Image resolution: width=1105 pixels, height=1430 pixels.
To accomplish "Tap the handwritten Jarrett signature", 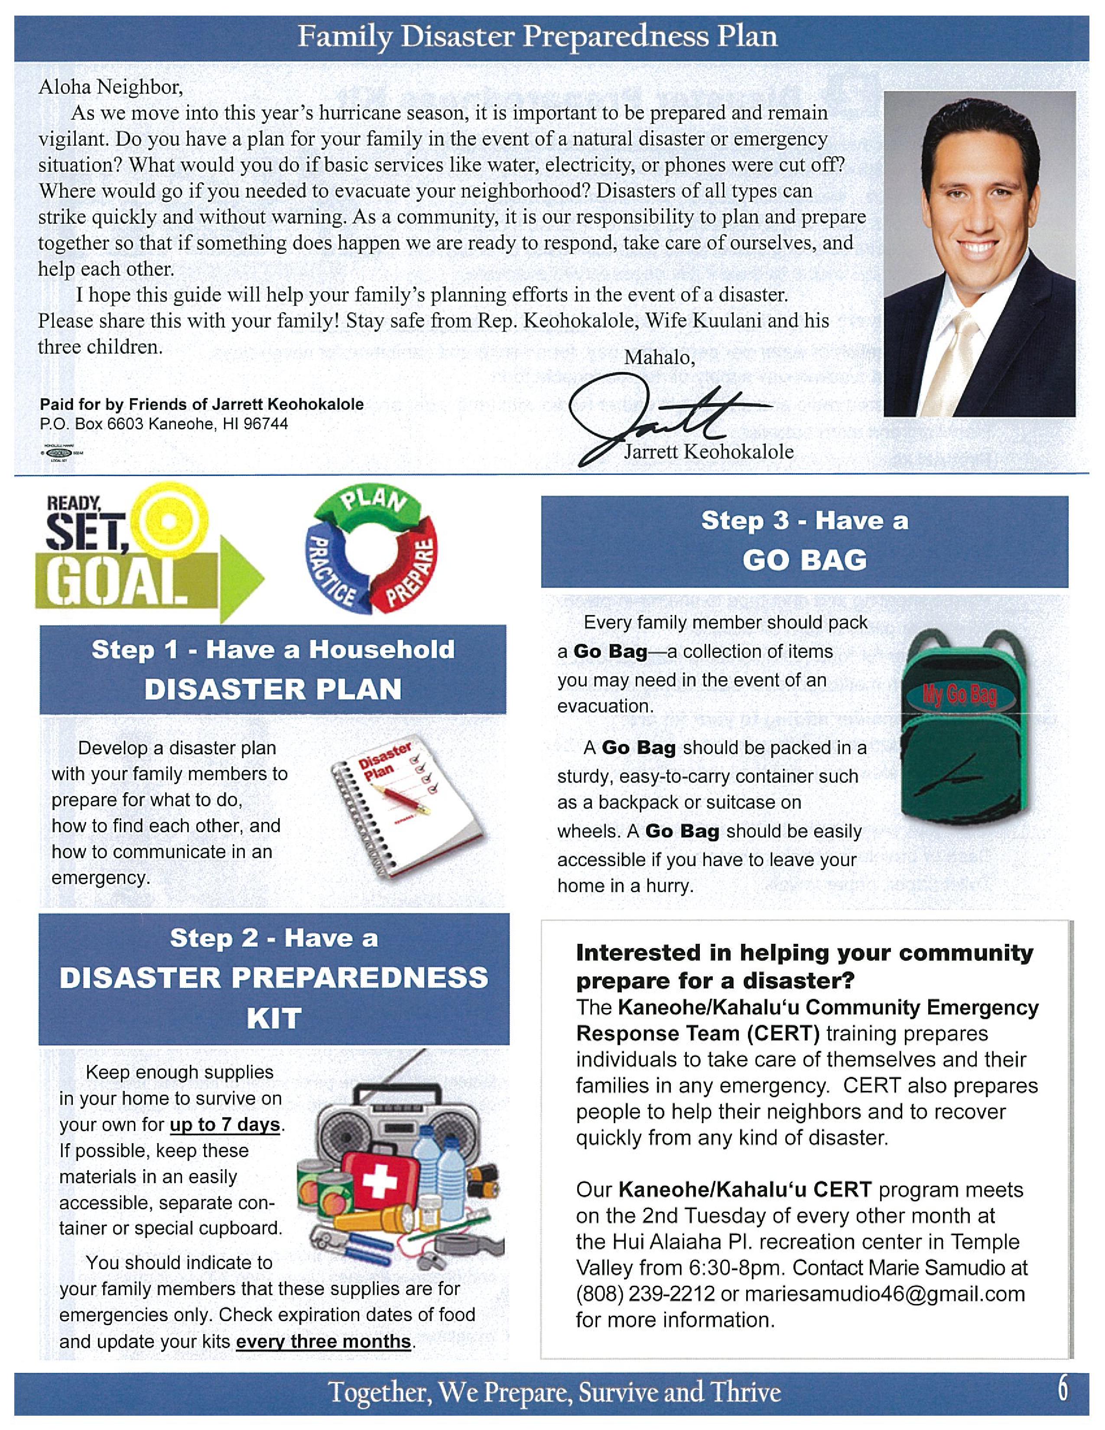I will tap(661, 419).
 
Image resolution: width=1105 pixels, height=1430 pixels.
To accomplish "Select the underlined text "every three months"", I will tap(323, 1341).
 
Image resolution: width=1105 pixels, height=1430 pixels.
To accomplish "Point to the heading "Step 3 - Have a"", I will tap(805, 520).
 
